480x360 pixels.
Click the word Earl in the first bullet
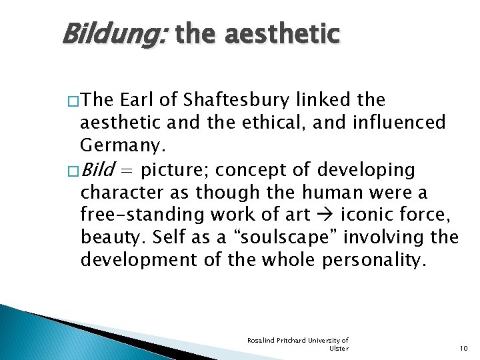pos(137,100)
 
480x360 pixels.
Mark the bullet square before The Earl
pos(72,101)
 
